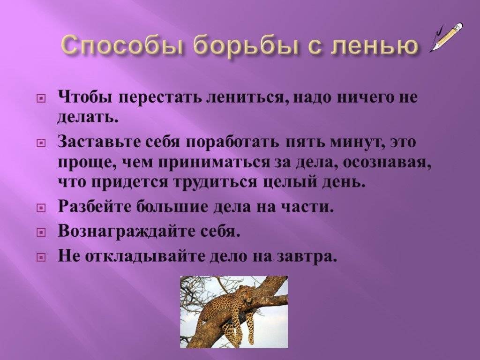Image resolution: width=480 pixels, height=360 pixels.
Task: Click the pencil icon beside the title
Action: click(x=447, y=37)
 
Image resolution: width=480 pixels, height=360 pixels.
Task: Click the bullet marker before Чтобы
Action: click(x=41, y=99)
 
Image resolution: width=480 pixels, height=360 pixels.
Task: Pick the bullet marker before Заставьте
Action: click(x=41, y=142)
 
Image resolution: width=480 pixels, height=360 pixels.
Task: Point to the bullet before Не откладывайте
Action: click(x=41, y=257)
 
